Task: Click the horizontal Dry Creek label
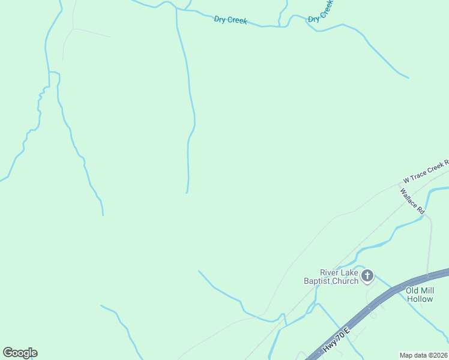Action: [x=231, y=20]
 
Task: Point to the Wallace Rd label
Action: [x=412, y=202]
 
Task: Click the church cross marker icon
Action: [x=367, y=276]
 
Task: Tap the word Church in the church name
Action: [x=345, y=281]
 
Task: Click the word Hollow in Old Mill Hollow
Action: [x=420, y=298]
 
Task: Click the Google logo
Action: [x=20, y=353]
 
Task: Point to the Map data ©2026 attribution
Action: [x=424, y=355]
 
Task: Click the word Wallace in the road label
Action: [x=409, y=198]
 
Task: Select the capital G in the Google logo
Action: [x=8, y=353]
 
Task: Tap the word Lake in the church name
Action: [x=349, y=272]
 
